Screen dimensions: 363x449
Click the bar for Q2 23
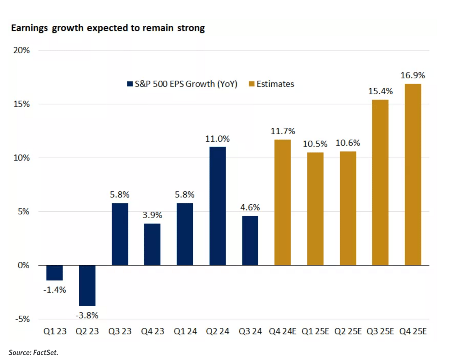87,285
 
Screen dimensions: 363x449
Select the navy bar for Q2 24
218,206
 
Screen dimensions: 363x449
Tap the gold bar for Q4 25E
413,174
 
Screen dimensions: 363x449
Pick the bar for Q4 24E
283,202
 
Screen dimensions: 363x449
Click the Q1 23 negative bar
55,273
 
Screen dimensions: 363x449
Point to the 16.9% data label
413,75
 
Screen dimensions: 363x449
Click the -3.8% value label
87,315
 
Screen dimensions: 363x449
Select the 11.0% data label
217,139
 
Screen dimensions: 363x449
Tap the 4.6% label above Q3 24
250,207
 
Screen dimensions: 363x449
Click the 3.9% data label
152,215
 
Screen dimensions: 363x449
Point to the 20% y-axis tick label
22,50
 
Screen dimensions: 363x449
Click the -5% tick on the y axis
22,319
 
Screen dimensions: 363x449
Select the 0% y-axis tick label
23,265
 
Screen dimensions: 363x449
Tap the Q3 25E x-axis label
380,331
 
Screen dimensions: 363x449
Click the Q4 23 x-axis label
153,331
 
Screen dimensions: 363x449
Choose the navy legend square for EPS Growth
130,84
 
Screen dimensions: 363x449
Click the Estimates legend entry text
275,84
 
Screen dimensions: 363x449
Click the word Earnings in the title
29,28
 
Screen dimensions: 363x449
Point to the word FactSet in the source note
45,353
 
